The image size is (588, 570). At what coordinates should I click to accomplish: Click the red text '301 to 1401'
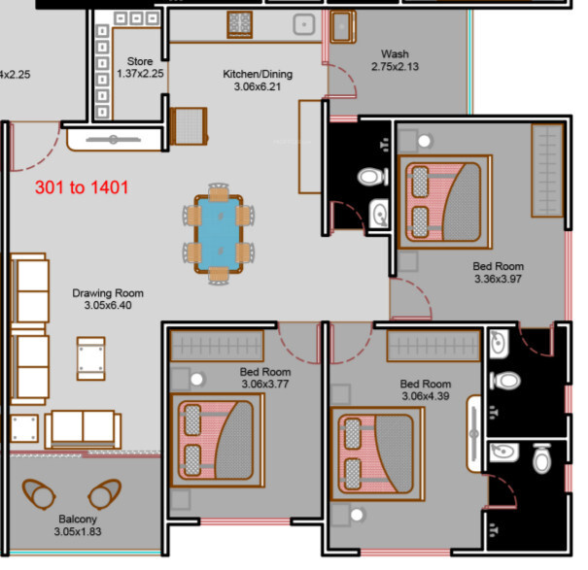pos(82,187)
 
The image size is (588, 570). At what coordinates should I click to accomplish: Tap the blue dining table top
pos(219,234)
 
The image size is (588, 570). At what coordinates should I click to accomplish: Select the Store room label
pos(140,61)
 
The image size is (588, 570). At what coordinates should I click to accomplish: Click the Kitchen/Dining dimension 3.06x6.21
pos(258,86)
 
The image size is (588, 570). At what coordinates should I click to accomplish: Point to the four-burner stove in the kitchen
pos(240,24)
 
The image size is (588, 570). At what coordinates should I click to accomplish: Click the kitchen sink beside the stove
pos(304,24)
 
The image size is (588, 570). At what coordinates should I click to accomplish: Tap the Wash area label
pos(395,54)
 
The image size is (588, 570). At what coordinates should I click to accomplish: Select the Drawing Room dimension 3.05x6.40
pos(108,305)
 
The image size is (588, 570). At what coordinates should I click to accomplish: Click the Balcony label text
pos(78,520)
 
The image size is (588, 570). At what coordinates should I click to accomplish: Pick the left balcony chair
pos(39,493)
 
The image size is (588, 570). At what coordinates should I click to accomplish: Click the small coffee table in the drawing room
pos(90,358)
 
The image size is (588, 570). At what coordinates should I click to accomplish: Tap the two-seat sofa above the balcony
pos(83,429)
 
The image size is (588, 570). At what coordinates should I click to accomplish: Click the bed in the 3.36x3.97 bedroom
pos(445,202)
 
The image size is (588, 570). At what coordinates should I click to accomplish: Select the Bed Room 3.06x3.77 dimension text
pos(265,384)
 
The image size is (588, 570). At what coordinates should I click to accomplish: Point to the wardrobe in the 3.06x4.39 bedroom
pos(433,346)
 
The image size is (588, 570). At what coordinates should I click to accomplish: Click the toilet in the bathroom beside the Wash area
pos(372,177)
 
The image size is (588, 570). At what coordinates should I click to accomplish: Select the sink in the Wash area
pos(342,26)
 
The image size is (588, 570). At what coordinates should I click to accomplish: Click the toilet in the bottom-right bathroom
pos(541,458)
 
